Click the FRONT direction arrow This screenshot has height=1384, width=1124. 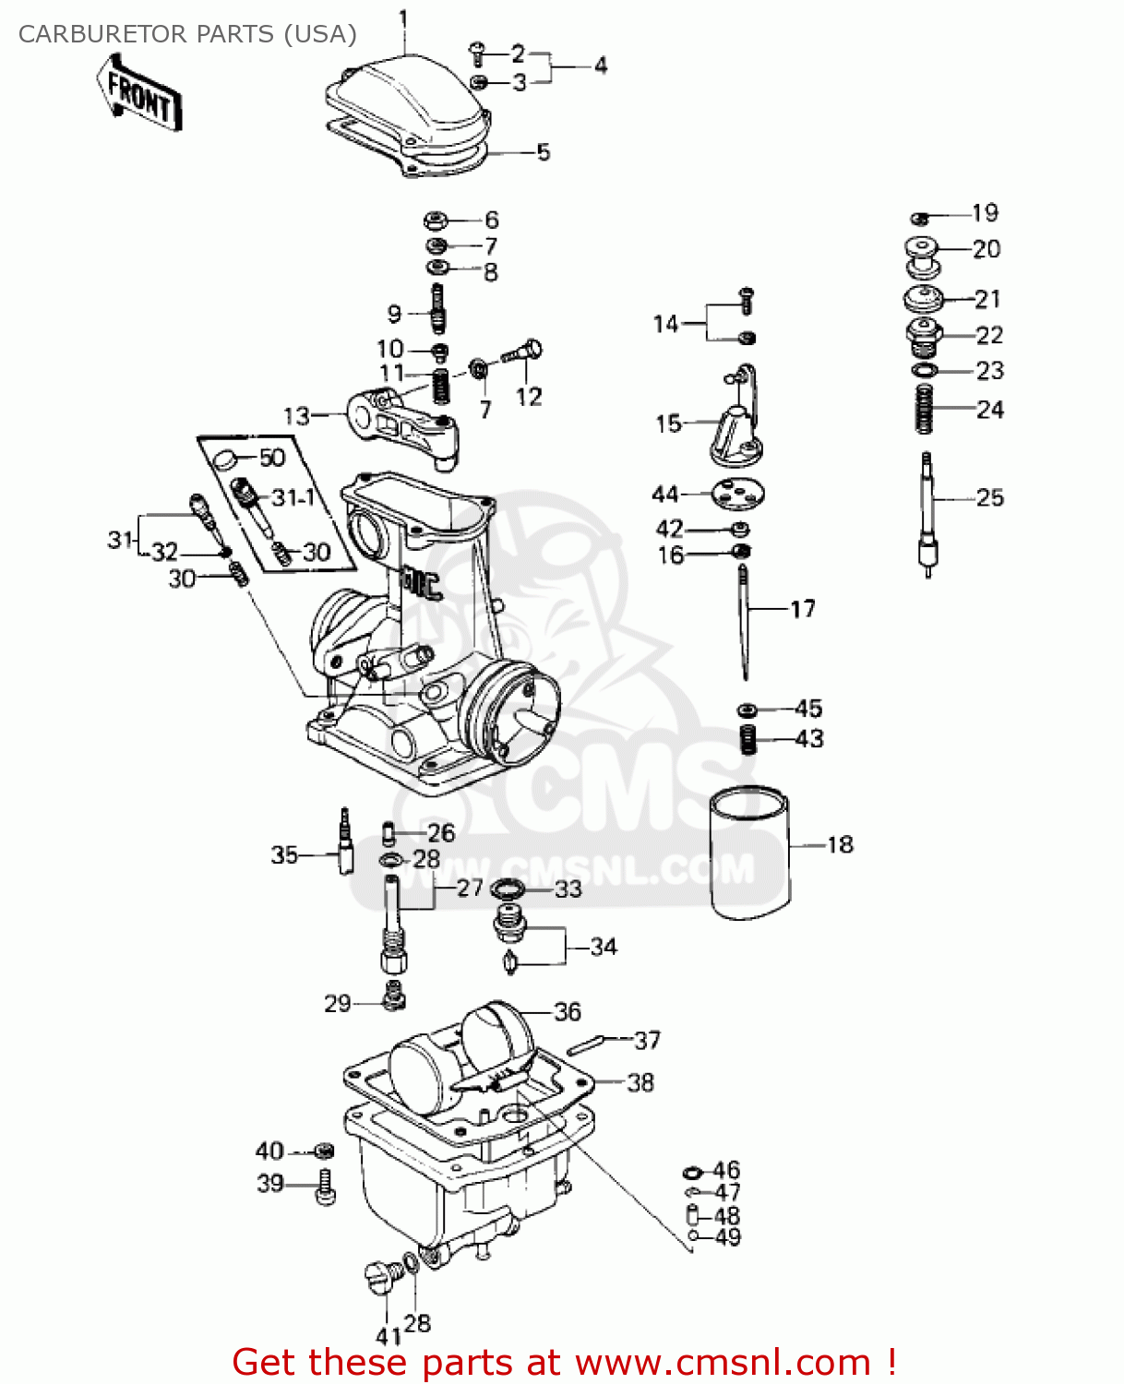[139, 95]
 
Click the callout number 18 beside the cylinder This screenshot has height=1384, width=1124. [840, 844]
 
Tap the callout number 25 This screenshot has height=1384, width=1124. [989, 498]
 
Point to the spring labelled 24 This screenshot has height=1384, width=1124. [925, 409]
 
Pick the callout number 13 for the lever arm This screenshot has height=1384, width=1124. [296, 415]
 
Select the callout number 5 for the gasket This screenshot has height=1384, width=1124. [544, 152]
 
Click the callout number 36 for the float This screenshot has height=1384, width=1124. [567, 1011]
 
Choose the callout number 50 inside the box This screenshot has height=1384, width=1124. [271, 458]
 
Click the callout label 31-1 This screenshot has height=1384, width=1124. [293, 498]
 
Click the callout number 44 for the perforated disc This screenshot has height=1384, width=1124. [664, 495]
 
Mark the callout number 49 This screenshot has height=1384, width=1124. [728, 1237]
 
